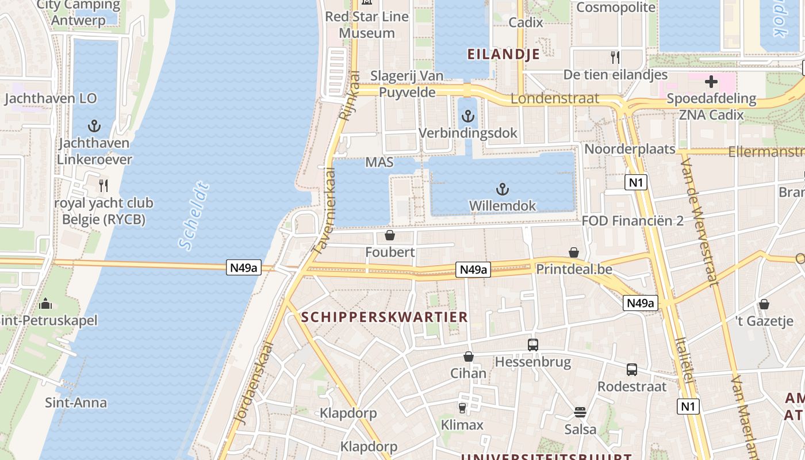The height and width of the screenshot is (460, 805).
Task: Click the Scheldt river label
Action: point(194,216)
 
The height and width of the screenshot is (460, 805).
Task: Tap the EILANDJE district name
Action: point(504,55)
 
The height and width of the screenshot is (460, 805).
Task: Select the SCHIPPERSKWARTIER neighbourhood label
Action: point(385,317)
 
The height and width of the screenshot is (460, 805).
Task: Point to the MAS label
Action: point(379,163)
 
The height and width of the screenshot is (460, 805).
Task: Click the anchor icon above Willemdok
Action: point(503,189)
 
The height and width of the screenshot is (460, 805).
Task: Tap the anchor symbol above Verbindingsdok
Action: point(468,116)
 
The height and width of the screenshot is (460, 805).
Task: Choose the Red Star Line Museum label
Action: point(367,25)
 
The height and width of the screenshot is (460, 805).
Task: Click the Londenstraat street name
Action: point(555,98)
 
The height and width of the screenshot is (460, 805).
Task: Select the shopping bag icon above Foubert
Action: point(390,235)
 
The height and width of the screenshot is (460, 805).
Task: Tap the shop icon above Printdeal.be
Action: point(574,252)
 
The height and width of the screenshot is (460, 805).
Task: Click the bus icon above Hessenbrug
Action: point(533,345)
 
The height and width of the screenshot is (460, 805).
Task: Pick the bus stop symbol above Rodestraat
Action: point(632,370)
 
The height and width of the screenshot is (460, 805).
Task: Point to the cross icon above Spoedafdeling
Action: point(711,81)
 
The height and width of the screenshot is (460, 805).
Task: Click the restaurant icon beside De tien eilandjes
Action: point(615,57)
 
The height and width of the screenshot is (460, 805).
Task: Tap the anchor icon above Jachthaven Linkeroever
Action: point(94,126)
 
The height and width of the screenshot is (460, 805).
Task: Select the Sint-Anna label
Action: point(76,402)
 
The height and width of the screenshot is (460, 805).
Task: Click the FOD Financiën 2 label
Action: point(632,221)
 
